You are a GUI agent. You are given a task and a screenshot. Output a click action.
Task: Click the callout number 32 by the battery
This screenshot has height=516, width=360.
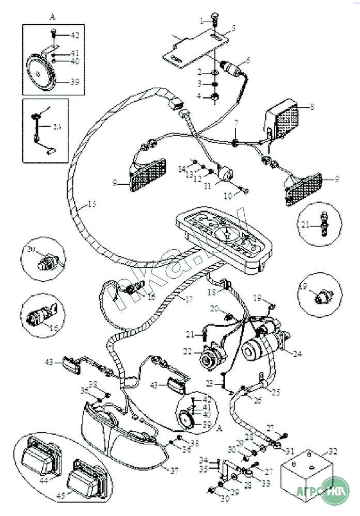[x=333, y=451]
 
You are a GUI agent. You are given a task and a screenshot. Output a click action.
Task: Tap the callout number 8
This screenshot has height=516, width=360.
[x=311, y=107]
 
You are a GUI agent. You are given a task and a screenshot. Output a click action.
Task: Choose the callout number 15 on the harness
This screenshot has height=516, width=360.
[x=91, y=204]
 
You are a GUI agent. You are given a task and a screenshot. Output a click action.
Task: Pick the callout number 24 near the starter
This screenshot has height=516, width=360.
[x=296, y=354]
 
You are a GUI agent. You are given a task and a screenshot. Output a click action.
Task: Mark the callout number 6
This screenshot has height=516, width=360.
[x=247, y=60]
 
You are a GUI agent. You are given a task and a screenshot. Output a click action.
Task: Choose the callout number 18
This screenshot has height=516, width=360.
[x=212, y=292]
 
